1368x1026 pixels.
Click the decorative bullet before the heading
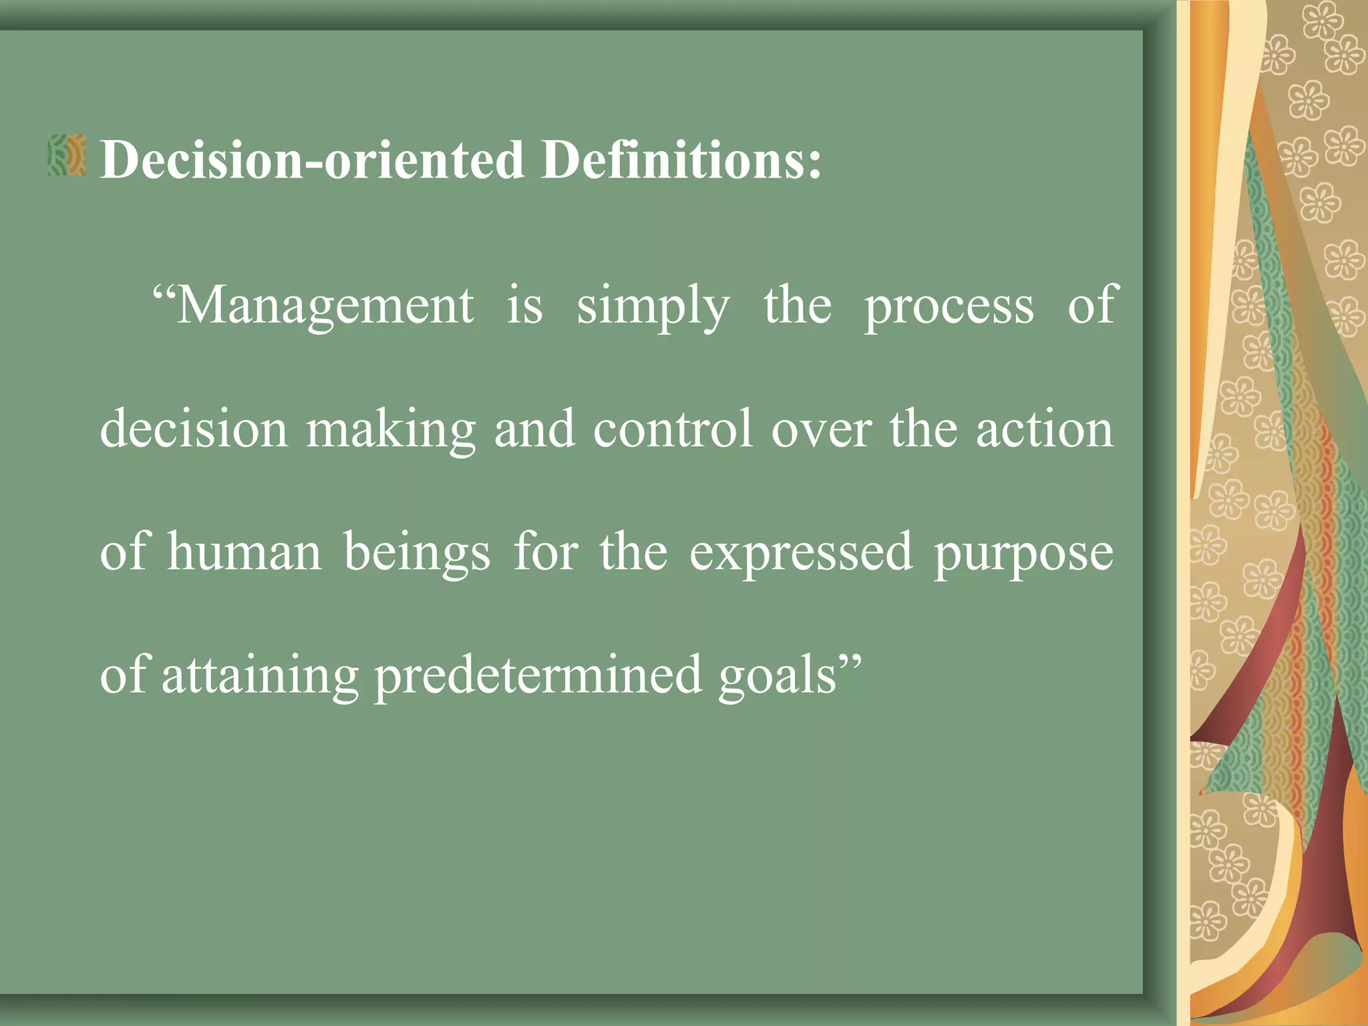click(x=67, y=155)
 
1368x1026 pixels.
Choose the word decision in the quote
click(x=194, y=429)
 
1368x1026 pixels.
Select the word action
click(x=1045, y=429)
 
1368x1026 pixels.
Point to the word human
click(x=244, y=552)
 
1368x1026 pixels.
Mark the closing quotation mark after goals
click(x=851, y=664)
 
